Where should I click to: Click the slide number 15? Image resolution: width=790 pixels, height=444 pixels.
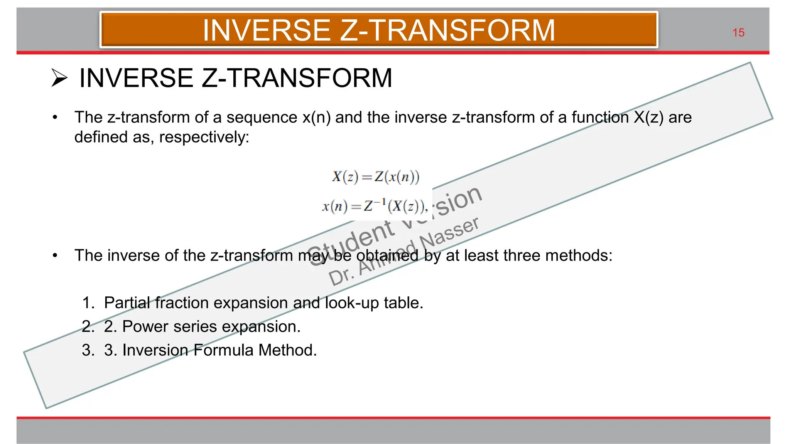(x=738, y=33)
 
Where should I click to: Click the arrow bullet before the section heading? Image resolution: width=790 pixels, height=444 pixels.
(x=59, y=78)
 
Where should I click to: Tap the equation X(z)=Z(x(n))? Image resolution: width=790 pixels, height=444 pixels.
(x=375, y=177)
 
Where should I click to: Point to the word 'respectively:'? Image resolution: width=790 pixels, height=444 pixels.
(x=204, y=137)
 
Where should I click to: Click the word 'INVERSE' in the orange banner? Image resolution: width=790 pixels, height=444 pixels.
(x=267, y=30)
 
